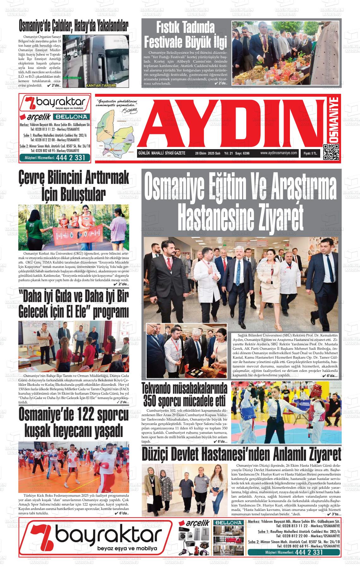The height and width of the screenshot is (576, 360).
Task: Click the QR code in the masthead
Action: point(331,152)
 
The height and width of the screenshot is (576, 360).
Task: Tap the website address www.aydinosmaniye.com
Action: point(279,153)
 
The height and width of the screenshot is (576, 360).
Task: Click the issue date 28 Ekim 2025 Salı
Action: point(207,154)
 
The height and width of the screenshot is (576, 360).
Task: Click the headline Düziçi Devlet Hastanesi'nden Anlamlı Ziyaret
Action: point(241,454)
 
